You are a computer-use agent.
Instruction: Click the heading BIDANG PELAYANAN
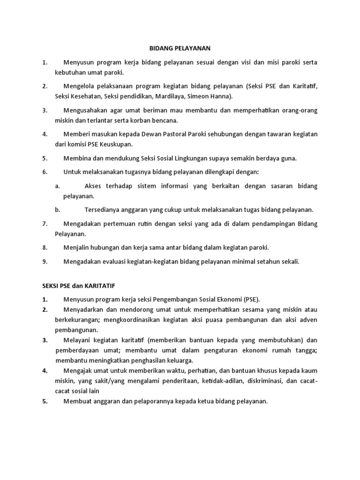pyautogui.click(x=180, y=48)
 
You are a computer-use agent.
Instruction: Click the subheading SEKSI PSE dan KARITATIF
pyautogui.click(x=79, y=285)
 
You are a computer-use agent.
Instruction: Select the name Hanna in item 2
pyautogui.click(x=221, y=97)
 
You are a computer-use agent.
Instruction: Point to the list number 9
pyautogui.click(x=45, y=262)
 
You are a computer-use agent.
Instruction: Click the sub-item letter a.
pyautogui.click(x=57, y=186)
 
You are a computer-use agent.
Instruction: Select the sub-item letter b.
pyautogui.click(x=57, y=210)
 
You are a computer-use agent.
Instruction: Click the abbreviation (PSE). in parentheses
pyautogui.click(x=251, y=299)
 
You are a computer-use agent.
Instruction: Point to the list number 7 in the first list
pyautogui.click(x=45, y=224)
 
